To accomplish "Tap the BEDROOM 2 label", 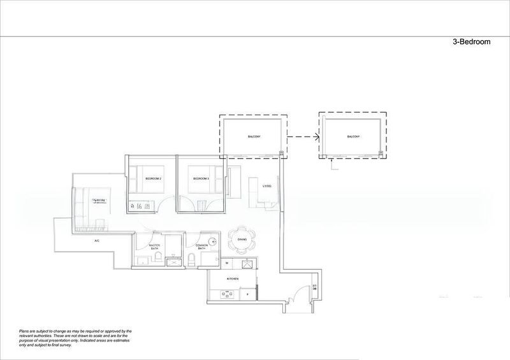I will (x=154, y=179).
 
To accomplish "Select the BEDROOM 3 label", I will (x=201, y=179).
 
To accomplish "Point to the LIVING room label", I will (x=267, y=186).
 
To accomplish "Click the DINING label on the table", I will (x=242, y=239).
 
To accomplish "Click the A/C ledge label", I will (x=97, y=241).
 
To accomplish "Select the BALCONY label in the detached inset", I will (x=353, y=137).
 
